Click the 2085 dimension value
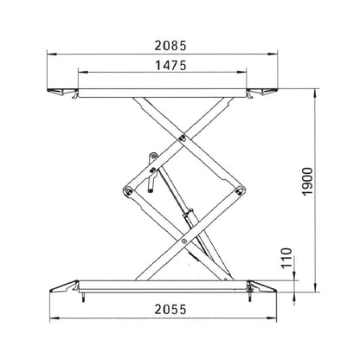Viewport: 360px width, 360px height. [x=170, y=46]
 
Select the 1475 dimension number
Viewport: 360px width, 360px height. [x=170, y=66]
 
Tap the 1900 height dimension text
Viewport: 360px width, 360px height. [x=307, y=182]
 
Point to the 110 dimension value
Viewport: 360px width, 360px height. [x=286, y=258]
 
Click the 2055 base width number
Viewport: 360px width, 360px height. [x=170, y=310]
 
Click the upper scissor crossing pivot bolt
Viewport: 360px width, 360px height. [x=183, y=138]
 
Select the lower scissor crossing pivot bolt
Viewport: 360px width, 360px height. [x=183, y=241]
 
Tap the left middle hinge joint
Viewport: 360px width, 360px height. [x=128, y=191]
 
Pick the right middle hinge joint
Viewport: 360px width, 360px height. [x=239, y=190]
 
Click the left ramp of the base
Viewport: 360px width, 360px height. [x=64, y=286]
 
